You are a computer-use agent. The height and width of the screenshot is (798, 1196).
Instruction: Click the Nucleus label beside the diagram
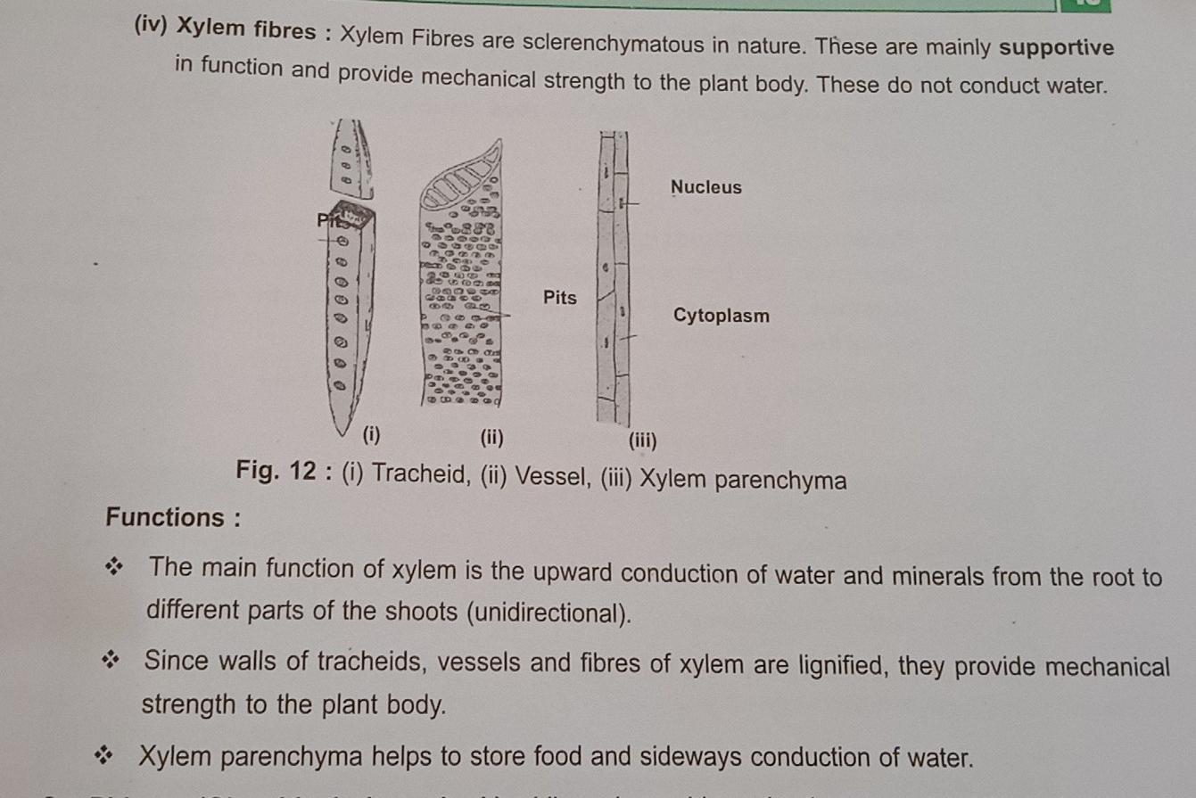pos(705,187)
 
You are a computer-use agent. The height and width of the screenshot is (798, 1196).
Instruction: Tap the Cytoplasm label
pos(721,316)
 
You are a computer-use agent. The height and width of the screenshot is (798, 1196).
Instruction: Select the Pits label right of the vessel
pos(559,298)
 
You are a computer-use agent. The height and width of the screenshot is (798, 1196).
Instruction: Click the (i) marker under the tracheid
pos(371,436)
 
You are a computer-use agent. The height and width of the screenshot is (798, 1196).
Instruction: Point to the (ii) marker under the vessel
pos(491,438)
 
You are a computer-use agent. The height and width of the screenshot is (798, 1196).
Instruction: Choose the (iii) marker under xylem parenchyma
pos(642,440)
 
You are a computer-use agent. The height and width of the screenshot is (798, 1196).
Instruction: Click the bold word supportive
pos(1056,48)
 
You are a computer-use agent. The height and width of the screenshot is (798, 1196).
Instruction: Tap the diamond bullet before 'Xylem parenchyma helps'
pos(108,758)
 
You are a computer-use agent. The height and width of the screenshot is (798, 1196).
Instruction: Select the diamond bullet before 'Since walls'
pos(111,662)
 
